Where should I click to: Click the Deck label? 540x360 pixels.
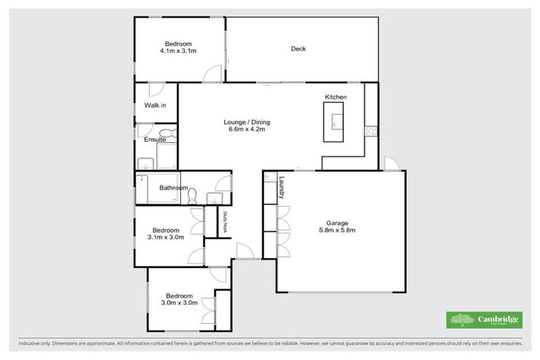click(x=298, y=49)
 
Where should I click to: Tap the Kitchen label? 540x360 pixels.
click(x=335, y=96)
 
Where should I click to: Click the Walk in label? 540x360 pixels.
click(x=155, y=105)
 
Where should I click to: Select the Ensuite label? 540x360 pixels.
click(x=155, y=140)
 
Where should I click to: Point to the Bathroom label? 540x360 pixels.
click(x=173, y=188)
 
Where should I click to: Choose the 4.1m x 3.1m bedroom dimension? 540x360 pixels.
click(x=179, y=51)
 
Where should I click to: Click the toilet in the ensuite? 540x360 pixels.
click(x=164, y=133)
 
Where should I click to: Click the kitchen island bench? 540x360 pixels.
click(x=333, y=122)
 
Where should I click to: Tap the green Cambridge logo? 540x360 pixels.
click(x=484, y=320)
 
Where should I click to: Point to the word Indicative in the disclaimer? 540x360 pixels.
click(x=30, y=344)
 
